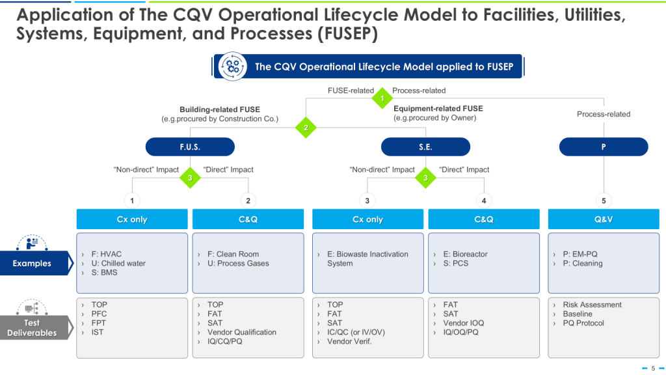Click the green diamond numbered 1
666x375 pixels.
pyautogui.click(x=382, y=99)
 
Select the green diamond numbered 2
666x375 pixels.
pyautogui.click(x=306, y=128)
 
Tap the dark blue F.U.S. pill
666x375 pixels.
pyautogui.click(x=190, y=147)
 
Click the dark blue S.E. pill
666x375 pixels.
pyautogui.click(x=425, y=147)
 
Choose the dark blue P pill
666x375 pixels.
pyautogui.click(x=604, y=147)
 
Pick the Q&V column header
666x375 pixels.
pyautogui.click(x=604, y=219)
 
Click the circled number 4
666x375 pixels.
pyautogui.click(x=484, y=201)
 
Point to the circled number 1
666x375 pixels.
pyautogui.click(x=132, y=201)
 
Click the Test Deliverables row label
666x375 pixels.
pyautogui.click(x=33, y=327)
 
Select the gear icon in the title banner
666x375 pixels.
pyautogui.click(x=232, y=66)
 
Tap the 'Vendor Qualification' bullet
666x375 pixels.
pyautogui.click(x=242, y=332)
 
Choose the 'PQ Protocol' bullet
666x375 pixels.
pyautogui.click(x=583, y=323)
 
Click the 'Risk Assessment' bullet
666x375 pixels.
pyautogui.click(x=592, y=305)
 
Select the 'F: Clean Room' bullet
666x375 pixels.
pyautogui.click(x=233, y=254)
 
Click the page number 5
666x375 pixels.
pyautogui.click(x=653, y=368)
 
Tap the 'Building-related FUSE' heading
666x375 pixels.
pyautogui.click(x=220, y=109)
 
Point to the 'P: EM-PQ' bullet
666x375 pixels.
pyautogui.click(x=580, y=254)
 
